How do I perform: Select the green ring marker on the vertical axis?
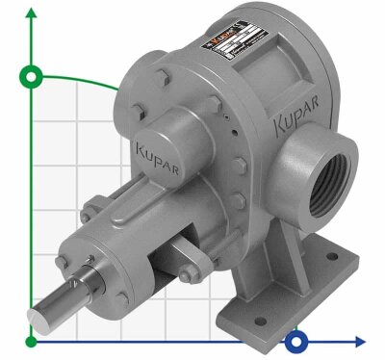pos(35,76)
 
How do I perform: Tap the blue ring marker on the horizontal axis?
pos(298,340)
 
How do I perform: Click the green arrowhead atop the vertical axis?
pos(35,12)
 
